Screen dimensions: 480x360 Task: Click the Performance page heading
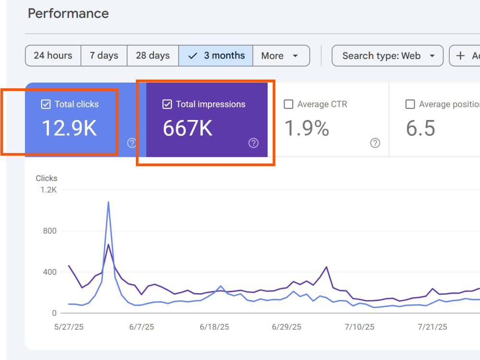click(68, 13)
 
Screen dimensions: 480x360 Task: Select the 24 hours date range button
click(53, 55)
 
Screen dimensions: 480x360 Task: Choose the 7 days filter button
click(104, 55)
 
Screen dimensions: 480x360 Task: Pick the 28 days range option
click(153, 55)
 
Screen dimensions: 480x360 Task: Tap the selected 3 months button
click(216, 55)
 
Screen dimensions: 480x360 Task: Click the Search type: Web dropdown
click(387, 55)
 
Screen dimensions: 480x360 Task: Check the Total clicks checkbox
click(46, 104)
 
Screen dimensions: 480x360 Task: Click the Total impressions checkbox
click(167, 104)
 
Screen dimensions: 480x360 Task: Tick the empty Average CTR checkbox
click(288, 104)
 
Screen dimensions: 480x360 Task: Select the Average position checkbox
click(410, 104)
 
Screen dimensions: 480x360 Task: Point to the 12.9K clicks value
click(70, 128)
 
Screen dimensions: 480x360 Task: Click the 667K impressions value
click(188, 128)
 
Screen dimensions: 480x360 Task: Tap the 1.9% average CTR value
click(307, 128)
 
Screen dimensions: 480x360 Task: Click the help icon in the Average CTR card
click(375, 143)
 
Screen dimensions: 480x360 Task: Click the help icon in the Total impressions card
click(253, 143)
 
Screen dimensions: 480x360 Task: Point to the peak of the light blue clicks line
click(108, 202)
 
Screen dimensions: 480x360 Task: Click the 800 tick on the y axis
click(49, 231)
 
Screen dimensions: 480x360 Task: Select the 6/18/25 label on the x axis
click(214, 327)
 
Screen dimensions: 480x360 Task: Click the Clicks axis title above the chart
click(47, 178)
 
